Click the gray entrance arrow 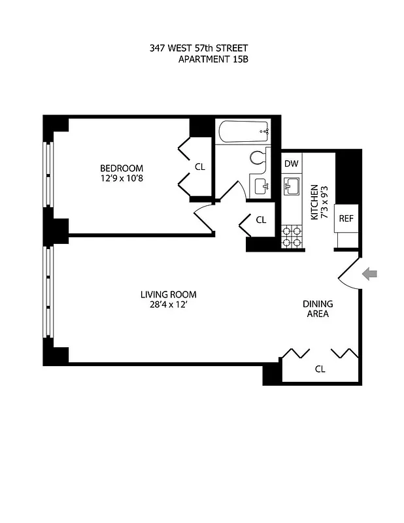click(369, 275)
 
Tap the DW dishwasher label click(292, 164)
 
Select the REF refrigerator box click(345, 218)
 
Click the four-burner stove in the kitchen click(292, 237)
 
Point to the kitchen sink click(292, 188)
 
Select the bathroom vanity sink click(260, 186)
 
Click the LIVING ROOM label click(169, 294)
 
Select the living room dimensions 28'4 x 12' click(169, 305)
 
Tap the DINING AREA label click(318, 309)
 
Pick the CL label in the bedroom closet click(200, 167)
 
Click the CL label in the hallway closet click(261, 220)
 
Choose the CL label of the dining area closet click(320, 369)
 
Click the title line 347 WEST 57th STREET click(199, 48)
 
